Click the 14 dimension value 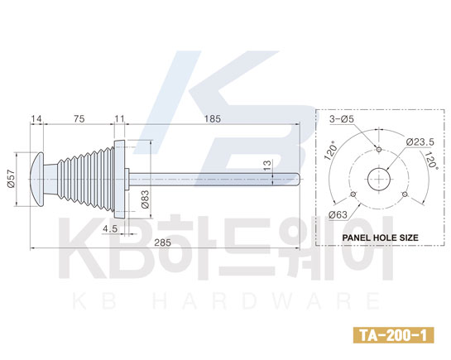36,118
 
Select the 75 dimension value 79,118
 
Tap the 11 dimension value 119,118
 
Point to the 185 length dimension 213,118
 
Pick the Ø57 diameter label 11,179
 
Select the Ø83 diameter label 146,199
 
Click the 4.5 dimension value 110,229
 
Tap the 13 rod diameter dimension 267,166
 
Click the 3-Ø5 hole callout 342,118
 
